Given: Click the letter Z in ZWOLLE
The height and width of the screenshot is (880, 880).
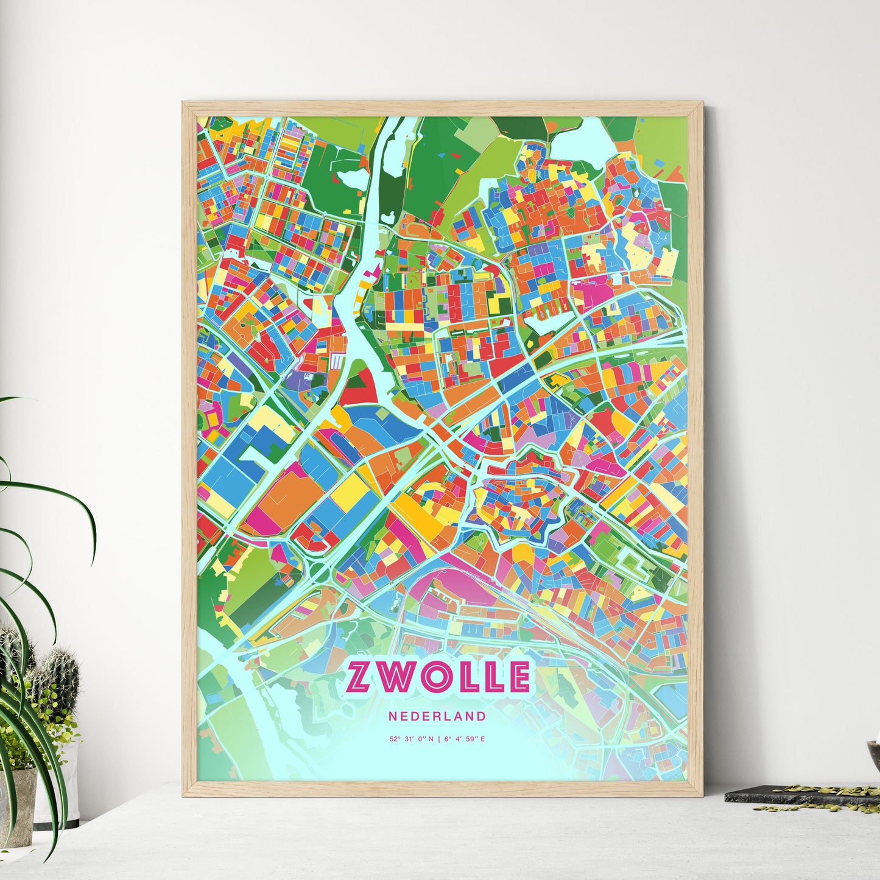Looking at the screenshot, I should point(359,677).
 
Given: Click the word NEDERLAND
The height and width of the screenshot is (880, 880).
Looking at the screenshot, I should point(437,717).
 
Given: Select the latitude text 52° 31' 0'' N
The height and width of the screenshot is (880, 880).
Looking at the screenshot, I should point(412,739).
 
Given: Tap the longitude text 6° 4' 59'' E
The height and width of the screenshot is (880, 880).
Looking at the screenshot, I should point(465,739).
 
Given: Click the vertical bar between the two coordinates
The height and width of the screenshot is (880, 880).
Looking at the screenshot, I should point(438,739).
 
